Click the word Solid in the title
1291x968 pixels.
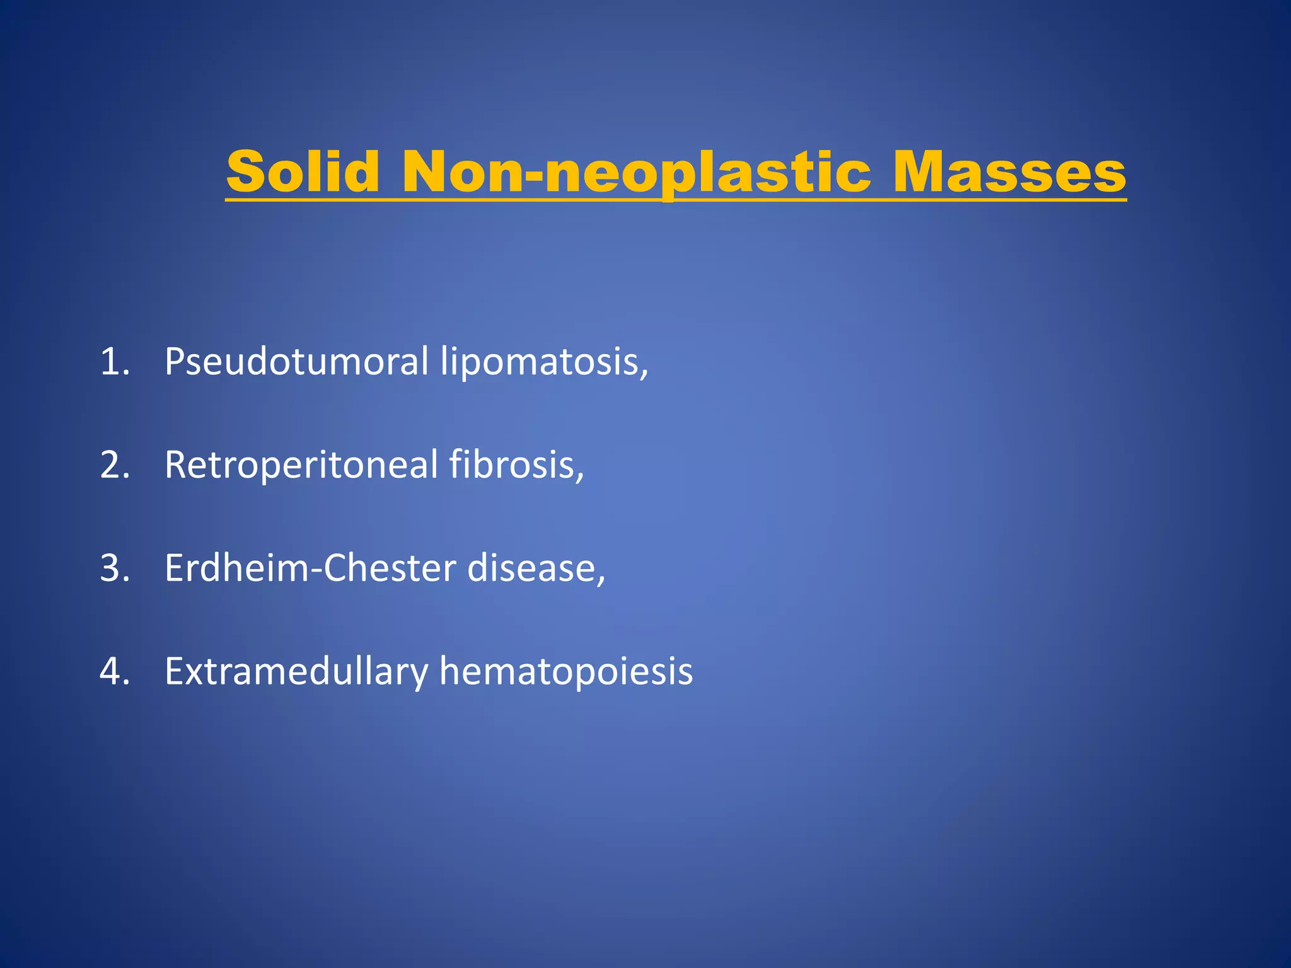(x=303, y=171)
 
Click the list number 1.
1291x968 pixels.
(x=114, y=362)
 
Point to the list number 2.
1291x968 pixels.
(x=114, y=465)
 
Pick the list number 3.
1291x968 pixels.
(x=114, y=568)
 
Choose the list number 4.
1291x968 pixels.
(x=114, y=672)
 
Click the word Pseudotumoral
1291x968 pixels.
(x=296, y=362)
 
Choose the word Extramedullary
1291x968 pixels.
(x=296, y=672)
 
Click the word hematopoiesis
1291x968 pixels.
(x=566, y=672)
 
